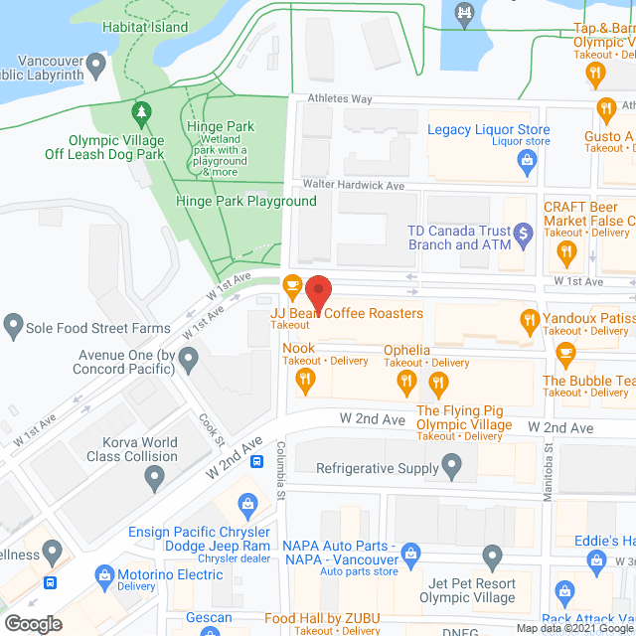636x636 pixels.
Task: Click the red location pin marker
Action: point(318,292)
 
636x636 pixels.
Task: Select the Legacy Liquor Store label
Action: point(488,130)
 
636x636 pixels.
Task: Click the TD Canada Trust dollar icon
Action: point(526,238)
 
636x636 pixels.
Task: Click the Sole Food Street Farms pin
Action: point(13,324)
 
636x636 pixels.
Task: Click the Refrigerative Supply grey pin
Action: point(452,465)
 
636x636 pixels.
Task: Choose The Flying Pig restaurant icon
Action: point(436,383)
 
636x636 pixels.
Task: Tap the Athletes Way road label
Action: point(339,98)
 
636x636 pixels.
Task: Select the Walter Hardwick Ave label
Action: point(355,185)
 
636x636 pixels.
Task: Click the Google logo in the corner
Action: point(33,623)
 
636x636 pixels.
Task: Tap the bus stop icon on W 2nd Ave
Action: point(255,460)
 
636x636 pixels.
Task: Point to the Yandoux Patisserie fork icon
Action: point(530,319)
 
